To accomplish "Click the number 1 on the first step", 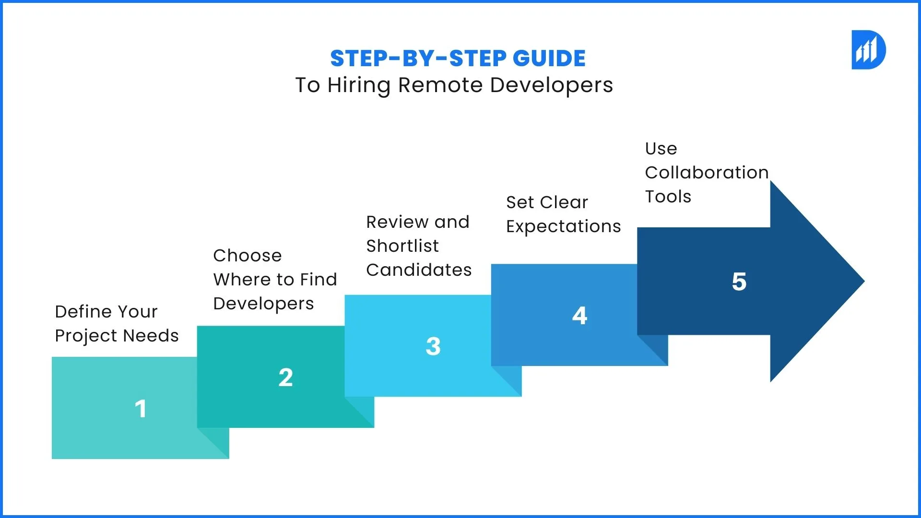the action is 141,409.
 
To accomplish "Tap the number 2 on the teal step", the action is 286,377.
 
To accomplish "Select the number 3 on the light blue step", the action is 433,346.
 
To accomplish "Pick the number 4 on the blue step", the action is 580,316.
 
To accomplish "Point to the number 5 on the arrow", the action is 739,282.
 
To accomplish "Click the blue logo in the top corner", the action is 868,50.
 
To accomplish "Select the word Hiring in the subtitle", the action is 359,85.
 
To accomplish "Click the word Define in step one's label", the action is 84,312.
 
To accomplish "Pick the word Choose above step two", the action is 248,256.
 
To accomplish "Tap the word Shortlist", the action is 402,246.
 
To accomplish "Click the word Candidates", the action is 419,270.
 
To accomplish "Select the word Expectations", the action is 564,227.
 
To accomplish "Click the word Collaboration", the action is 707,173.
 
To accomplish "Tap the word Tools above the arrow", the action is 668,197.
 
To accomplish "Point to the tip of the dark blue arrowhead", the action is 864,282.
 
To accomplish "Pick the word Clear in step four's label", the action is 564,202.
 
